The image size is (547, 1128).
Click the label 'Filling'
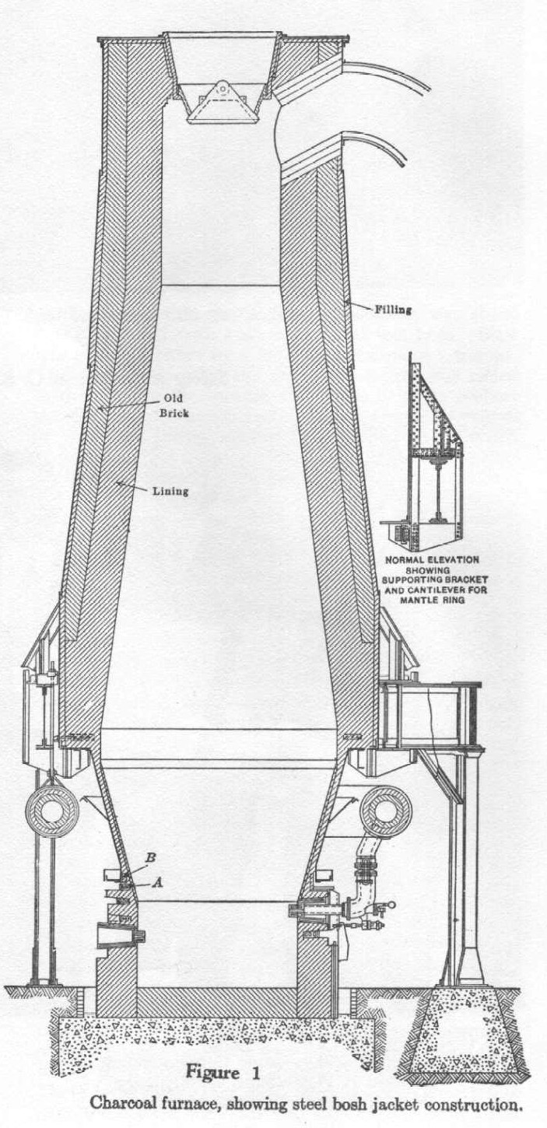[x=393, y=309]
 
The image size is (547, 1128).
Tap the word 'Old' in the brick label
[x=174, y=398]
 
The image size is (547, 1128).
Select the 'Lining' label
[x=170, y=490]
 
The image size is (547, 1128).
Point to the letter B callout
[x=149, y=869]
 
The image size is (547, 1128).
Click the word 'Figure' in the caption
[x=212, y=1073]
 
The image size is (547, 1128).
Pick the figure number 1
[x=255, y=1073]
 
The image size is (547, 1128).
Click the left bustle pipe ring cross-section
[x=52, y=811]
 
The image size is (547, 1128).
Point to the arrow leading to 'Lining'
[x=132, y=487]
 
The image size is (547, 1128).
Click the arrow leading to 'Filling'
[x=359, y=305]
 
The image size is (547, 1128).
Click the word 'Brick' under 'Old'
[x=174, y=413]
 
